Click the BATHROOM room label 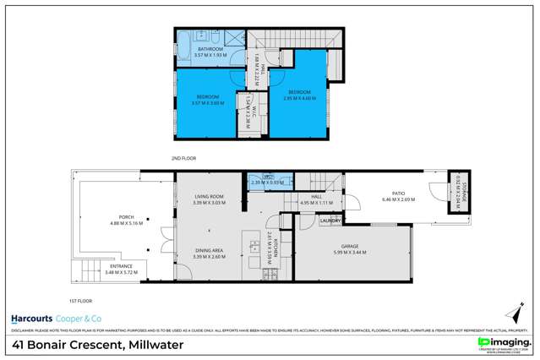(x=210, y=49)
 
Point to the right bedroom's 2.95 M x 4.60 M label (x=300, y=97)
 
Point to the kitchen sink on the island (x=254, y=247)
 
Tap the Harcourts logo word (x=31, y=319)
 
